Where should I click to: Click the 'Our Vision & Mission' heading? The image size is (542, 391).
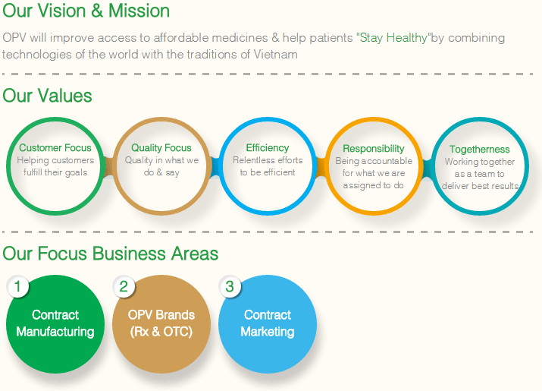86,11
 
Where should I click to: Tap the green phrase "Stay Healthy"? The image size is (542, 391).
393,37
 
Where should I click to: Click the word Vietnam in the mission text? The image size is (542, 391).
275,55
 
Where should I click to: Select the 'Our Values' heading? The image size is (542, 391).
47,96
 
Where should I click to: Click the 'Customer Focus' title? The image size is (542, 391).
55,147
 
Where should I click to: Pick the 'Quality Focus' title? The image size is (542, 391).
161,147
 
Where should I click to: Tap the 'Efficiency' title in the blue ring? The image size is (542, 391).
268,148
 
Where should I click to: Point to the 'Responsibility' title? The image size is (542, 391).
374,149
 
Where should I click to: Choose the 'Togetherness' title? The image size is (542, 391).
480,149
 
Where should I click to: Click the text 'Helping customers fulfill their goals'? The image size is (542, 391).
55,166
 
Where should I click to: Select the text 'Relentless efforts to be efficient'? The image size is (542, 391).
268,166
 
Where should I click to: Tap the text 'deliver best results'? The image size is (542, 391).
480,186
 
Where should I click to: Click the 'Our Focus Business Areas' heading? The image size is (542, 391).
110,253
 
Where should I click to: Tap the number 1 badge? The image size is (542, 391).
17,286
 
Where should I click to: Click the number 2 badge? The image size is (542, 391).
124,286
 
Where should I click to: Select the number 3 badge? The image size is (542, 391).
230,286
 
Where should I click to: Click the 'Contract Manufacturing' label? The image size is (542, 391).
55,323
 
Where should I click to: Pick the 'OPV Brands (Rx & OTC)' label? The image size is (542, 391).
161,323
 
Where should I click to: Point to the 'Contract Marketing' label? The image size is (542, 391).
268,323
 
